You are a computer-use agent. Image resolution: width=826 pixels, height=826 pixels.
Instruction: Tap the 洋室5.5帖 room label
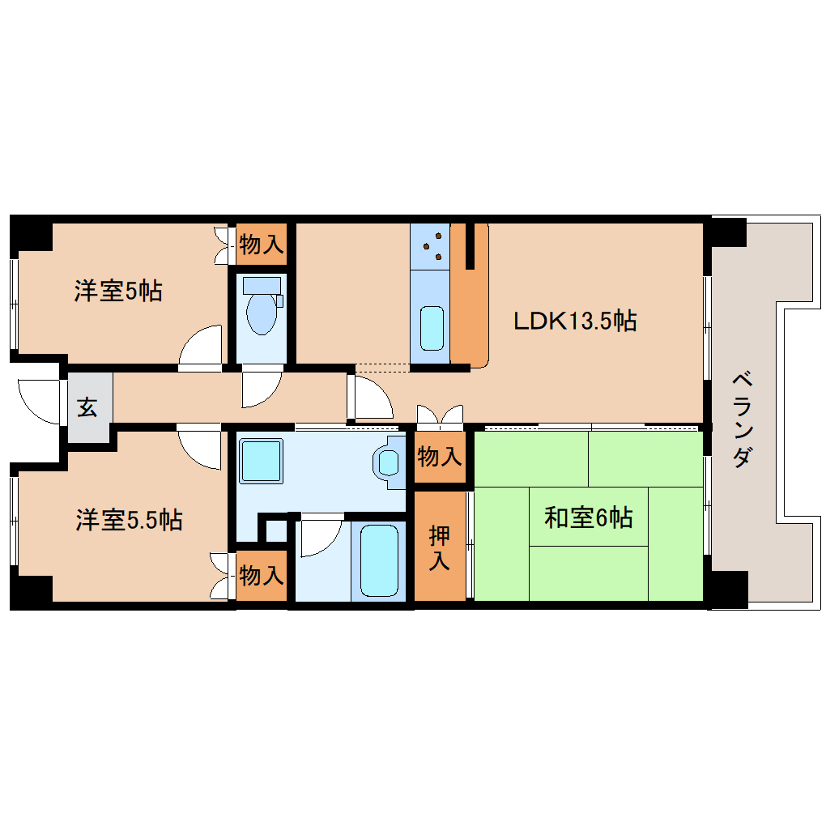coord(129,520)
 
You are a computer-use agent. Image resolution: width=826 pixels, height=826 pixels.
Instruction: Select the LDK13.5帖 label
coord(575,321)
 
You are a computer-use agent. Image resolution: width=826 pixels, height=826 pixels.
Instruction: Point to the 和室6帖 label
coord(588,517)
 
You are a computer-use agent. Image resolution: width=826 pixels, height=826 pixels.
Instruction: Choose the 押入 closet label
coord(440,548)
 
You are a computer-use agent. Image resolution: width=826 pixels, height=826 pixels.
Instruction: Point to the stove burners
coord(430,246)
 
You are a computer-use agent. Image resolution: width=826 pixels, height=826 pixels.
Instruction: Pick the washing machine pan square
coord(262,462)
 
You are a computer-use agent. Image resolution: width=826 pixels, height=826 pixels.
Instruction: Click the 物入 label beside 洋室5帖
coord(262,245)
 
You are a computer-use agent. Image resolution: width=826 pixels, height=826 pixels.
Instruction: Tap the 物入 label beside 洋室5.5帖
coord(262,577)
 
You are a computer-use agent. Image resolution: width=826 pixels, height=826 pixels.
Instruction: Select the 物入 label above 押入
coord(440,458)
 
